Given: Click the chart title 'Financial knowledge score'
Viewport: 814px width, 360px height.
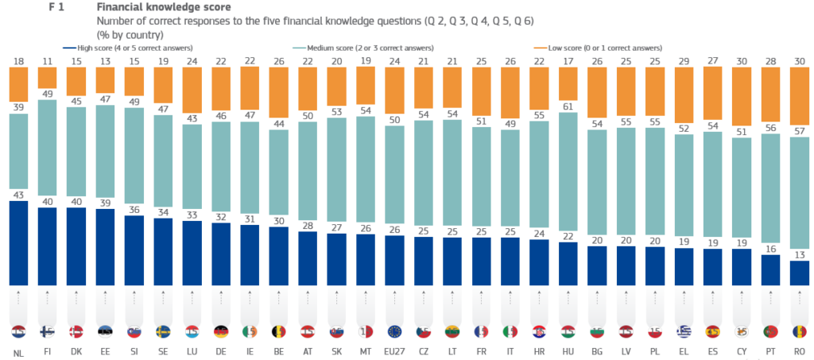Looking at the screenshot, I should pos(164,7).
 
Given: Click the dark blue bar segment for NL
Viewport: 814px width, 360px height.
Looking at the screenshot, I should pos(19,242).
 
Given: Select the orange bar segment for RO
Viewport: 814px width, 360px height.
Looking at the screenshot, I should pos(799,95).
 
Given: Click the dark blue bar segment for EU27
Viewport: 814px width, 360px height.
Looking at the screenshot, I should pos(397,261).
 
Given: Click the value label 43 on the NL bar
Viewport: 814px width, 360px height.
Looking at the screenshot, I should pos(19,195).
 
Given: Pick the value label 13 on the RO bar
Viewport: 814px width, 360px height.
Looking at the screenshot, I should pos(799,255).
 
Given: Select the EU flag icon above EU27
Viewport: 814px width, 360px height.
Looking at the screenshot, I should pos(397,331).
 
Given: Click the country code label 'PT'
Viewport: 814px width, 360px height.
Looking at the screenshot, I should pos(769,351).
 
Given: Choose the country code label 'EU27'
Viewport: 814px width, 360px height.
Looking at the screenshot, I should pos(397,351).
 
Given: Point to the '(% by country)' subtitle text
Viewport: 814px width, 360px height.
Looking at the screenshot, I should pos(130,34).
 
